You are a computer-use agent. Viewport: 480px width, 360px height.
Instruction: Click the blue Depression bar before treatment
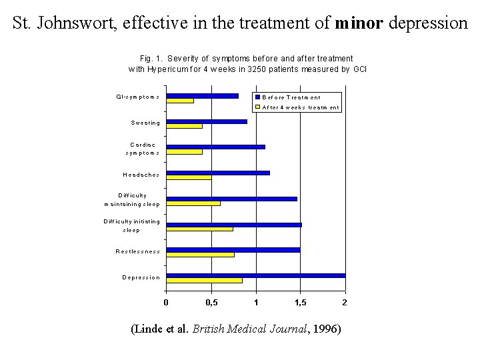255,275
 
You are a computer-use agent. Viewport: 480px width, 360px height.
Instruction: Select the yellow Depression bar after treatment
204,281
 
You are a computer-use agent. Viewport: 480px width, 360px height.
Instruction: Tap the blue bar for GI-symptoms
202,96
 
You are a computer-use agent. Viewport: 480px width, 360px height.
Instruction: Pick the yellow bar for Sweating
184,126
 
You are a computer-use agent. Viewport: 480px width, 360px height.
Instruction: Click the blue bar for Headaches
217,173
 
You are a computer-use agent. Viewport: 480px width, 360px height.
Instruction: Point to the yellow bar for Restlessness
200,255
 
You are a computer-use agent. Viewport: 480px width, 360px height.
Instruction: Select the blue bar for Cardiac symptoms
215,147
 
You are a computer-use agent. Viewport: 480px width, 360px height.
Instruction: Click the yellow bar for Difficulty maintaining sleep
193,203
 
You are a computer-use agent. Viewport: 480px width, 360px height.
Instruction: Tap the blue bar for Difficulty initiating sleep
233,225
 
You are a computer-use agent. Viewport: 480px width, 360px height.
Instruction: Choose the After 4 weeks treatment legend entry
300,107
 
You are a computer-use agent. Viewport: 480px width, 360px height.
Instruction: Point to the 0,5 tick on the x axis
211,303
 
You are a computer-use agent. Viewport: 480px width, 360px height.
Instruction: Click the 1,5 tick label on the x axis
301,303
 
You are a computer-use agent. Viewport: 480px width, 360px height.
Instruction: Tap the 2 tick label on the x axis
345,303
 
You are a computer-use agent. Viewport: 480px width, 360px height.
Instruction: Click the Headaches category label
141,175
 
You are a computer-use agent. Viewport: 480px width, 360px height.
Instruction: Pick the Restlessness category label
137,251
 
